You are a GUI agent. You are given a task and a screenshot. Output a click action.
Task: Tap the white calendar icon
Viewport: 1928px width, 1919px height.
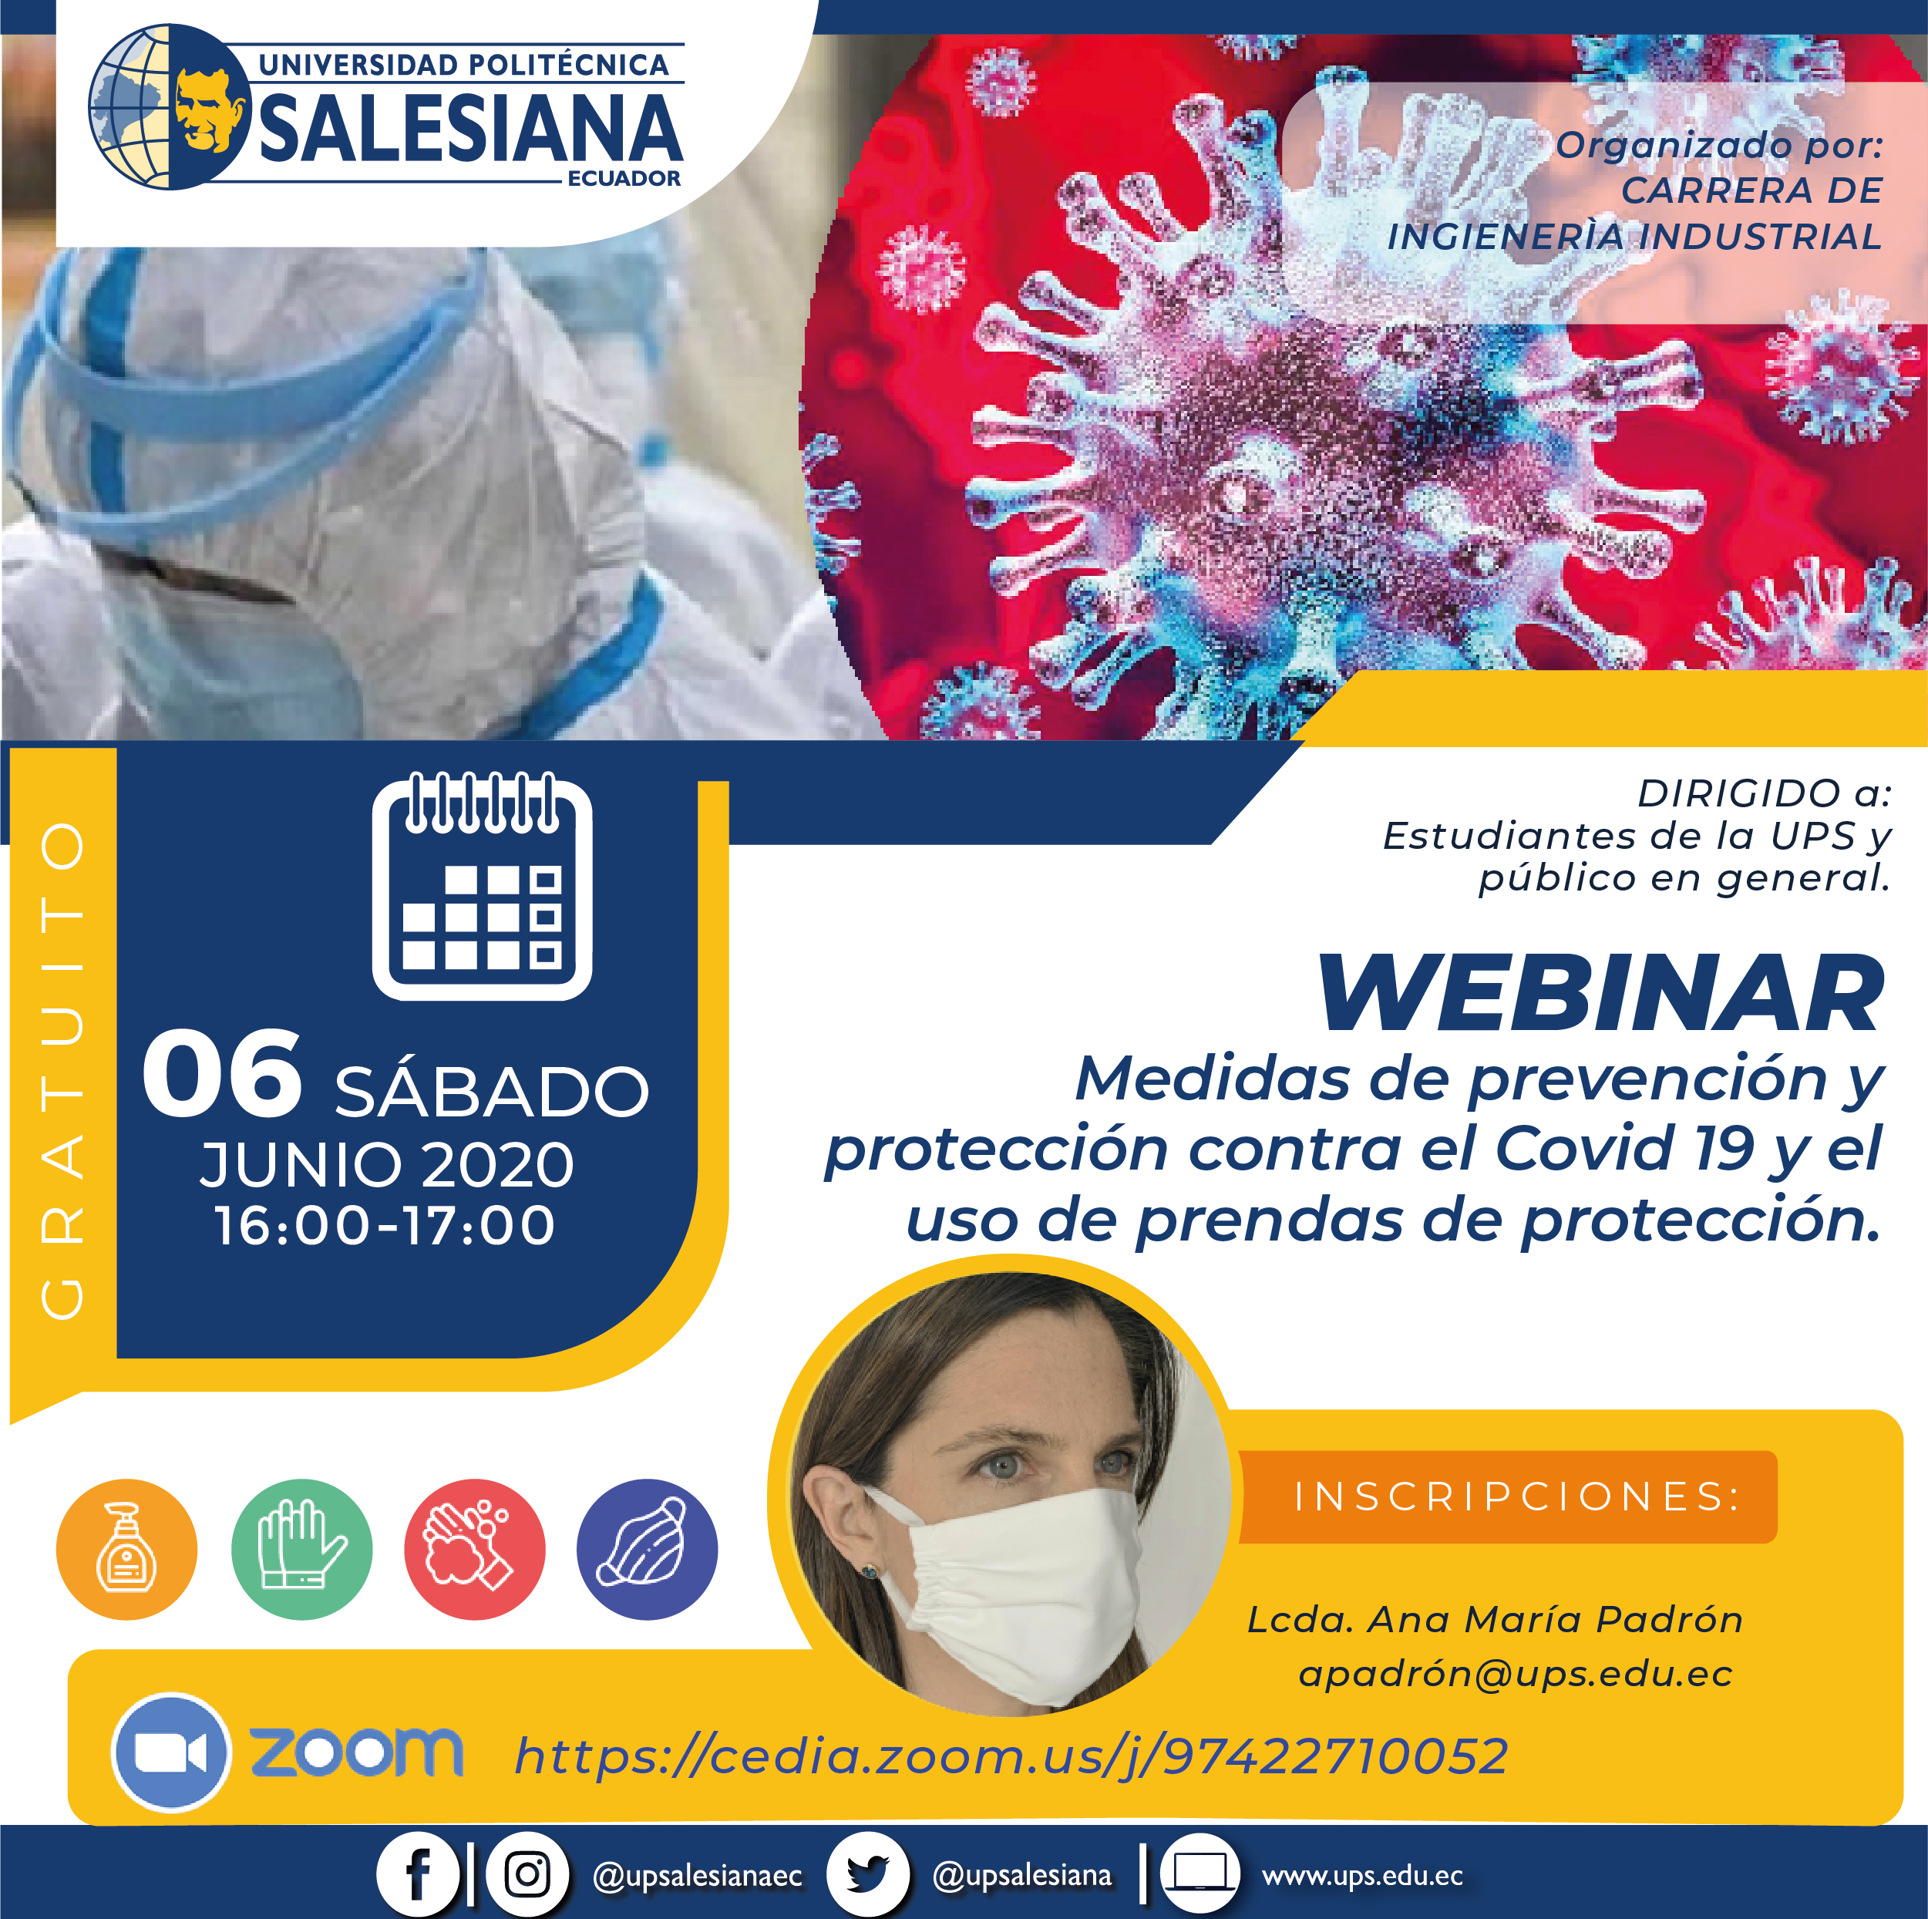coord(482,885)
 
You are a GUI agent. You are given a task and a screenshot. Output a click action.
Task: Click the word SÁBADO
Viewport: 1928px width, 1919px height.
coord(492,1091)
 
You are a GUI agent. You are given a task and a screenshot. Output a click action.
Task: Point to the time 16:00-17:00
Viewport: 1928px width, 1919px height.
coord(385,1224)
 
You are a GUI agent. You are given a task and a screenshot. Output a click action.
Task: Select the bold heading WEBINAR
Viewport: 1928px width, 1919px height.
coord(1602,993)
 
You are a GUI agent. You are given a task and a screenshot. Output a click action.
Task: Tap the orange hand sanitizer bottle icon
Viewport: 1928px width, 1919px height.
coord(126,1549)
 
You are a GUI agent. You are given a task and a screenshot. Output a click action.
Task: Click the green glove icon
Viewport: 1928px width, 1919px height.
coord(301,1549)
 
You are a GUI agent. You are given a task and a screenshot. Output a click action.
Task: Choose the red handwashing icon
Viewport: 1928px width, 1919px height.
coord(475,1549)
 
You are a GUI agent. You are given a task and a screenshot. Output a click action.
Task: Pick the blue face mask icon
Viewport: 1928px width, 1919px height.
coord(647,1549)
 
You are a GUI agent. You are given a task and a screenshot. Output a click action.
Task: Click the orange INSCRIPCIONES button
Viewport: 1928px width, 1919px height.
coord(1509,1496)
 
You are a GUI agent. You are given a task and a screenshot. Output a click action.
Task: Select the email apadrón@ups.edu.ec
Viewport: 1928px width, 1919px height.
coord(1515,1674)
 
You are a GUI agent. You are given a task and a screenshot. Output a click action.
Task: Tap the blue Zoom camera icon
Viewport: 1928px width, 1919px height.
coord(170,1752)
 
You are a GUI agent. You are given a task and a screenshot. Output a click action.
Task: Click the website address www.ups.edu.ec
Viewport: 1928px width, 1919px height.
coord(1362,1875)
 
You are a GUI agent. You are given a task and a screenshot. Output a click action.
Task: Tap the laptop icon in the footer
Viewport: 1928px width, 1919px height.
coord(1200,1873)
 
